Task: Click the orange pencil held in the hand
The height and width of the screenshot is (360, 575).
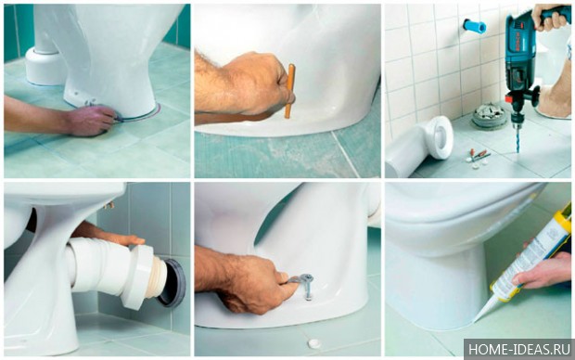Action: [289, 91]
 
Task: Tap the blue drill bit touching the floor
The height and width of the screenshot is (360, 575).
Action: [517, 138]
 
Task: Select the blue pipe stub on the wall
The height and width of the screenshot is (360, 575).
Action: [474, 26]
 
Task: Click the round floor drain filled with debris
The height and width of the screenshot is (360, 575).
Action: [489, 114]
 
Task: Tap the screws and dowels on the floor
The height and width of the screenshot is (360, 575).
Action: [478, 159]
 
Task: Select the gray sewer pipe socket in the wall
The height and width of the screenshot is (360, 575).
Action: [172, 283]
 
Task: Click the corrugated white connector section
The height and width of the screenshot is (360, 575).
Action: [155, 277]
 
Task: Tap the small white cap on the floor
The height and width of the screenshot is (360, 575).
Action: [314, 343]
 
